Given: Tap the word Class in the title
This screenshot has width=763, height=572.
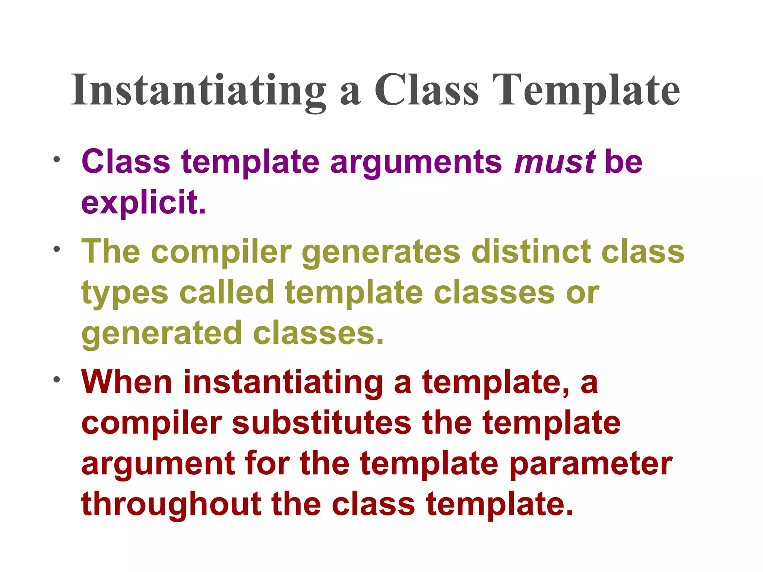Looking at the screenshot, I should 426,90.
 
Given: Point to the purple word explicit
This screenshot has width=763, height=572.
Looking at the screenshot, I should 143,203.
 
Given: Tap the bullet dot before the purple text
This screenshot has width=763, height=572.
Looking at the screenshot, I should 57,160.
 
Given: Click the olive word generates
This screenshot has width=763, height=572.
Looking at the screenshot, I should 381,252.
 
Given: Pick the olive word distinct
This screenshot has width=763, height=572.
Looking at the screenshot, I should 531,252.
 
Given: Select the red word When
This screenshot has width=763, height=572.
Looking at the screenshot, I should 127,382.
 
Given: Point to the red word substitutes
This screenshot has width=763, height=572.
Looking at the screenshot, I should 322,423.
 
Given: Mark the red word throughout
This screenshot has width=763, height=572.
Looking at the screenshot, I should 171,505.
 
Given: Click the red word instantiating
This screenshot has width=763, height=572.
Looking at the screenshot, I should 283,383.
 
